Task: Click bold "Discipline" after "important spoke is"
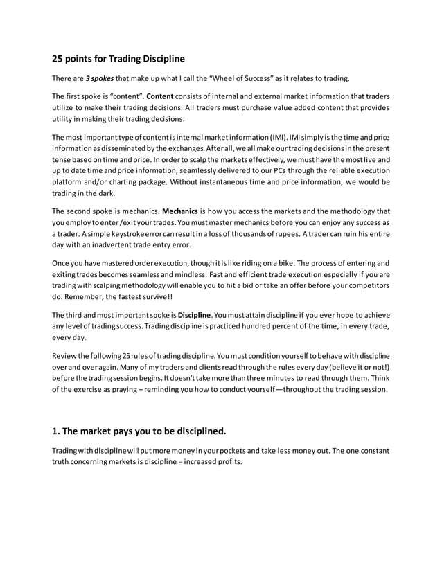pos(197,316)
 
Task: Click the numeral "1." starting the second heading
pos(58,431)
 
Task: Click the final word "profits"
pos(227,462)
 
